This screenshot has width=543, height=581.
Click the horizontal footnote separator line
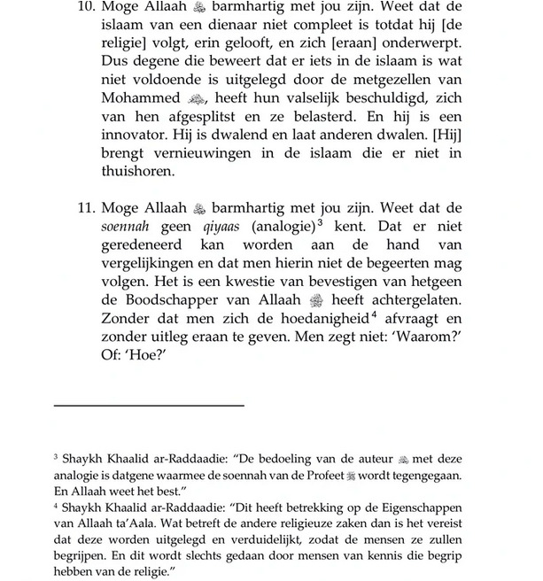(x=148, y=405)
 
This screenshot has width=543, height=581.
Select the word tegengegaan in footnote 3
(x=446, y=475)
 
